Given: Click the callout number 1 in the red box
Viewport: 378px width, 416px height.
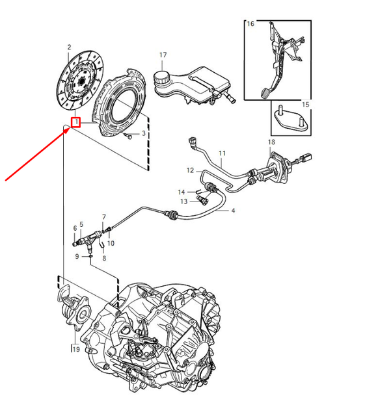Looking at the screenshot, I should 76,122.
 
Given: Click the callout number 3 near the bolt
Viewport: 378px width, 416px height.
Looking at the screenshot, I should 144,135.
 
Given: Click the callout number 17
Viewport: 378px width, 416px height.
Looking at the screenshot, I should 163,55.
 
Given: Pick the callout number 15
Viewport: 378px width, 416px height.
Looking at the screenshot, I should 306,104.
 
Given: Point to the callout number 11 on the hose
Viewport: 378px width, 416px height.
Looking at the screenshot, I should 222,155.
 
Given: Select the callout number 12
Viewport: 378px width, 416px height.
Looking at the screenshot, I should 191,171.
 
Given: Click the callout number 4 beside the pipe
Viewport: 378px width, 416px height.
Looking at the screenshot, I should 233,211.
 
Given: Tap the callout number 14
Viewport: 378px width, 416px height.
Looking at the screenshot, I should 183,191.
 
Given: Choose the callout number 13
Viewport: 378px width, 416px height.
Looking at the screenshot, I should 183,201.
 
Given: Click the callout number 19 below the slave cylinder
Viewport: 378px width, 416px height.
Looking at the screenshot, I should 75,350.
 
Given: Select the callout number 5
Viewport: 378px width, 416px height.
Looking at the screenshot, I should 81,225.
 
